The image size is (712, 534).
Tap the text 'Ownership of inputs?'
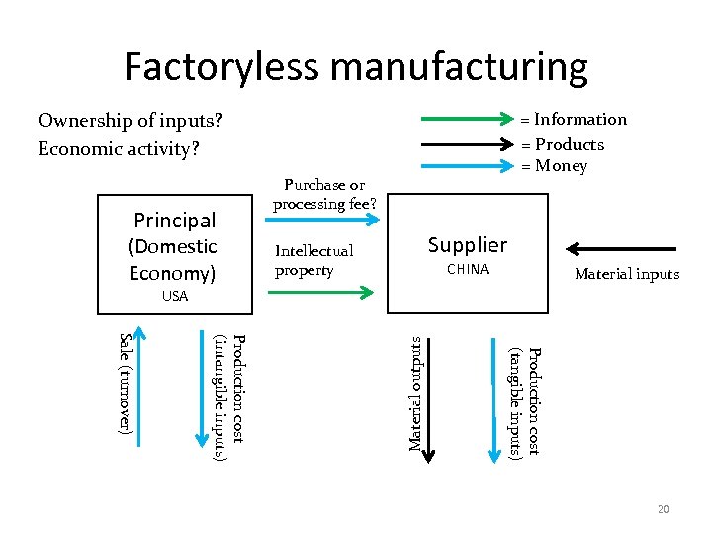coord(130,121)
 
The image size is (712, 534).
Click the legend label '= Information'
coord(575,120)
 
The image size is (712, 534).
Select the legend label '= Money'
coord(555,166)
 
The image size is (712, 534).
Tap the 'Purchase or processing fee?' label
coord(323,194)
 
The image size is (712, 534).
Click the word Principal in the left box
coord(174,220)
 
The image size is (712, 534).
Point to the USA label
coord(174,296)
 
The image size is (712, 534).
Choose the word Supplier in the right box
coord(467,244)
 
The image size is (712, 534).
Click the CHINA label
coord(467,270)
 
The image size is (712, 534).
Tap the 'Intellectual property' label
coord(313,261)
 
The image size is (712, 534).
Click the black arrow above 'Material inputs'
coord(621,248)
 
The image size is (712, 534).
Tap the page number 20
coord(664,508)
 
